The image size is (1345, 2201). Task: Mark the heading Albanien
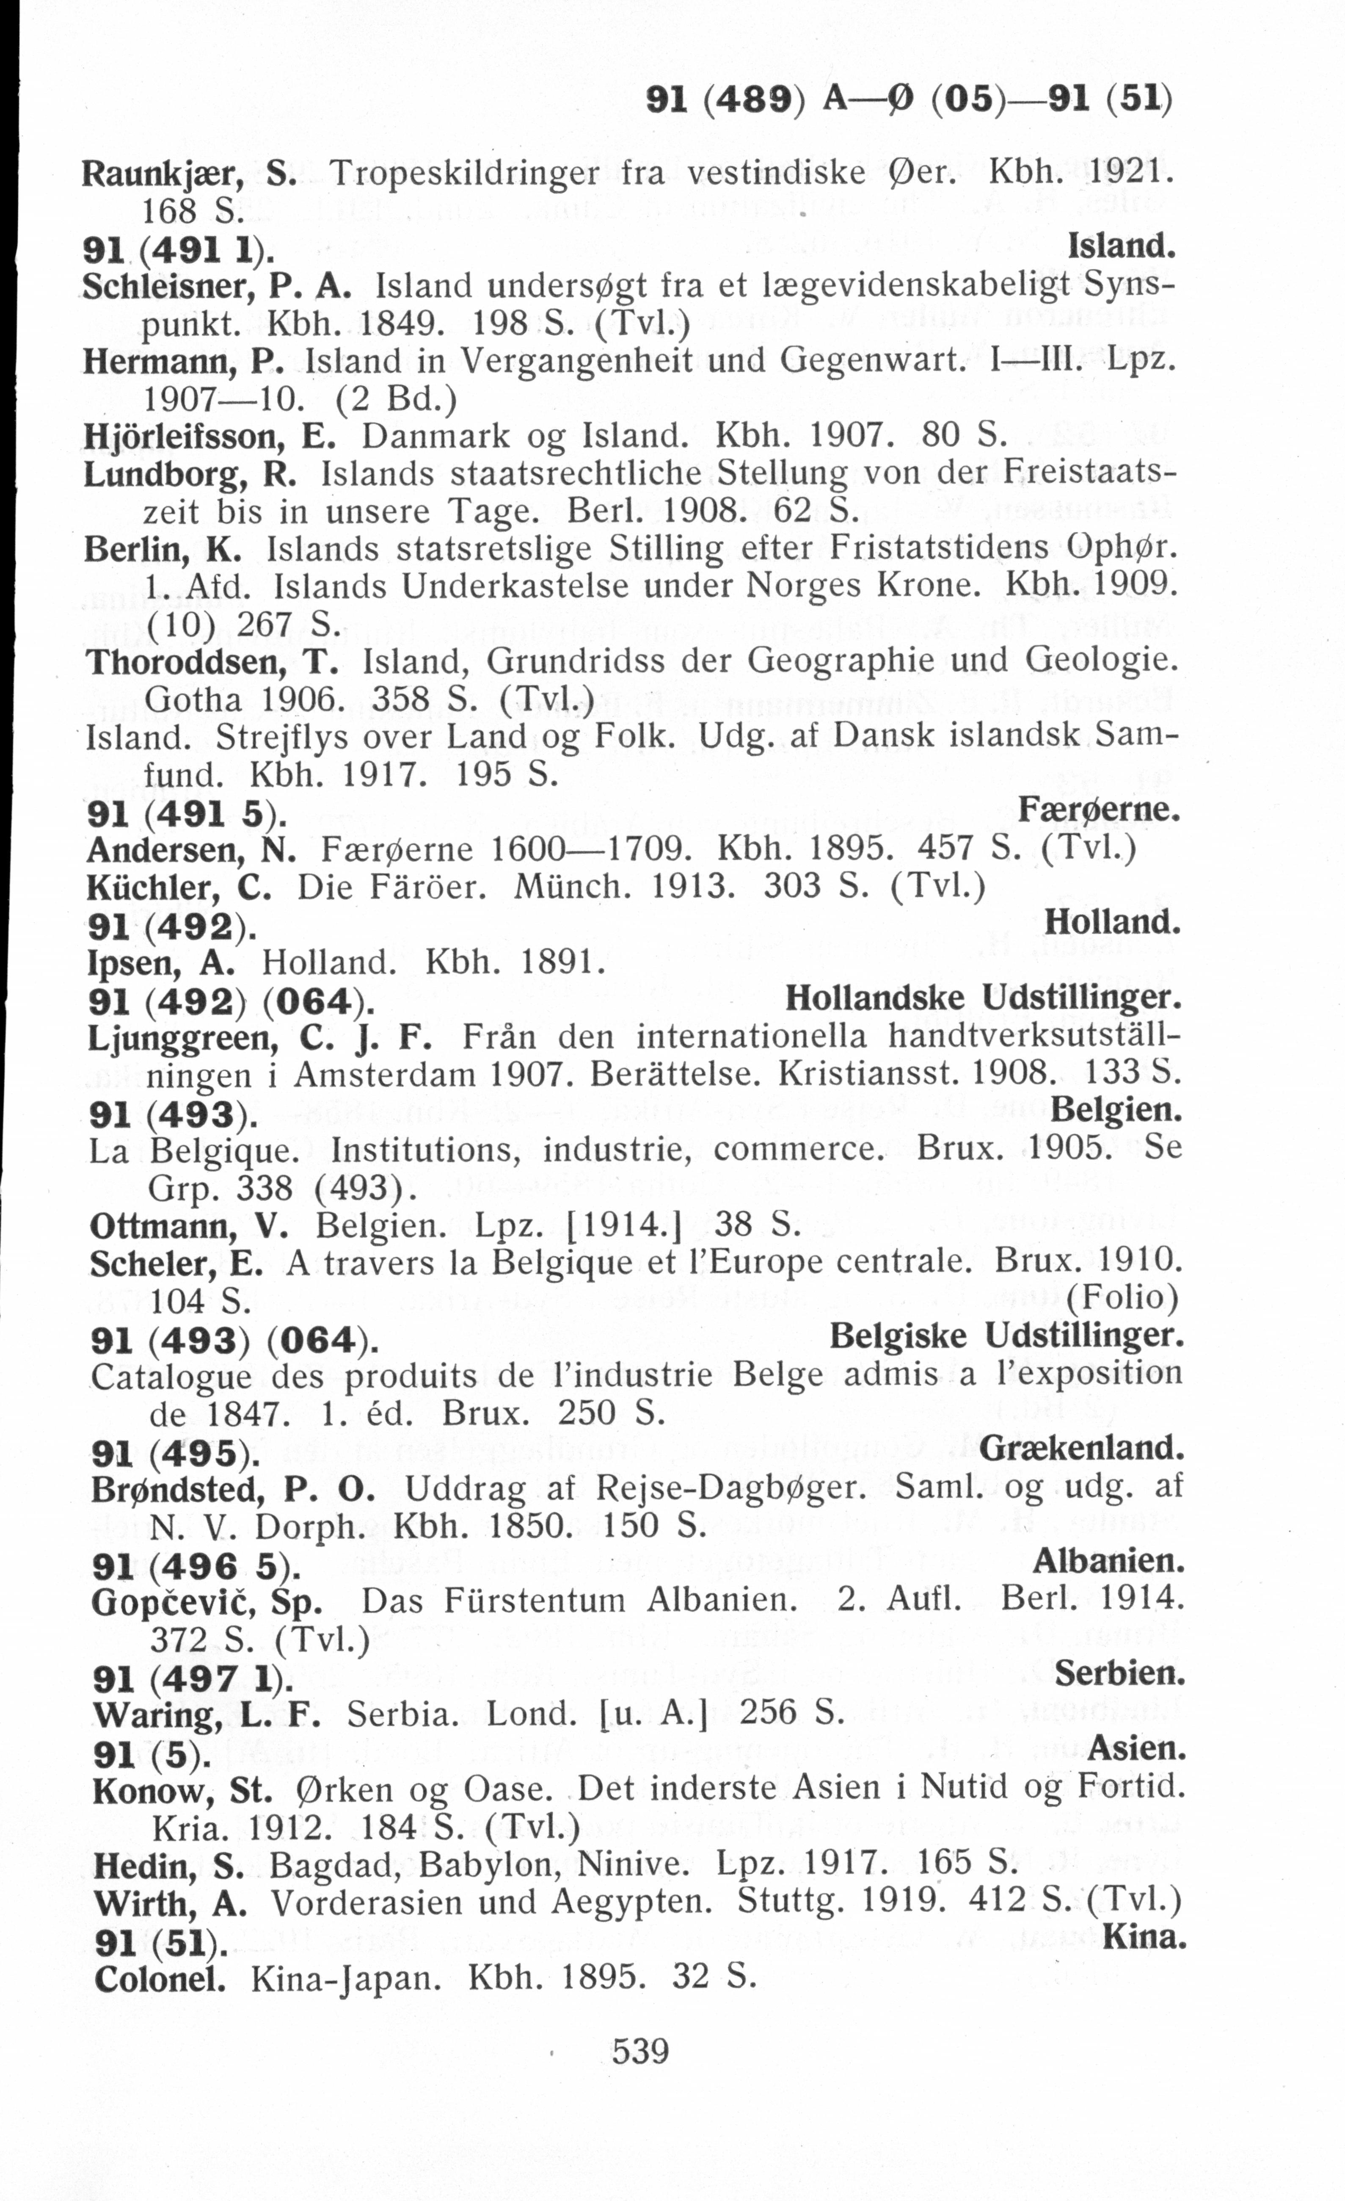coord(1108,1562)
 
